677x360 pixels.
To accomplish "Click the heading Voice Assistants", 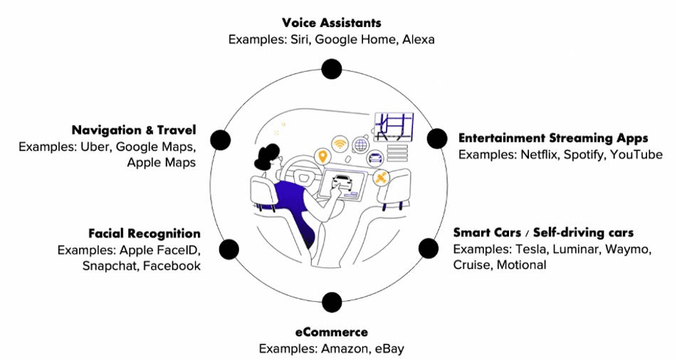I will tap(331, 23).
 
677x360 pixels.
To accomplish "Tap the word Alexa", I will tap(418, 40).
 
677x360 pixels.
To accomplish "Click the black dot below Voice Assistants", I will tap(331, 69).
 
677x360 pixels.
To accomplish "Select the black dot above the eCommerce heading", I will tap(331, 302).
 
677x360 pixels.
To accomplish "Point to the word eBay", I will tap(390, 349).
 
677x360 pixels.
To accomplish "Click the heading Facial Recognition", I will tap(145, 233).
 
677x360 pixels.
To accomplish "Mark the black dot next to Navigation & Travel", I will tap(221, 140).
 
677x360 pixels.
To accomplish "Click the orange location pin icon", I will tap(322, 157).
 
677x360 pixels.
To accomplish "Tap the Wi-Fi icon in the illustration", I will tap(340, 142).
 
